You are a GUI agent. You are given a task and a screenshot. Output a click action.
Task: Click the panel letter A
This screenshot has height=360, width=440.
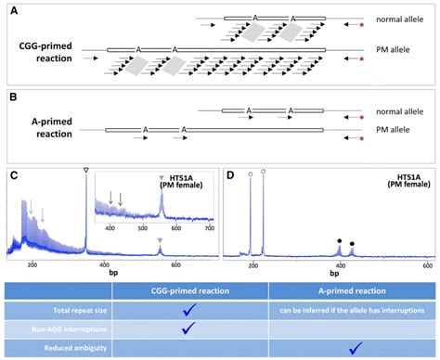[x=12, y=8]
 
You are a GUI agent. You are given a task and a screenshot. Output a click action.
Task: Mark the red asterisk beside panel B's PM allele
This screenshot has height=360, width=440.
[x=360, y=138]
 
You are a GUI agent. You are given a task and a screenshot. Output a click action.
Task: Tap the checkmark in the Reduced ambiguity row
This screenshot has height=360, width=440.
[x=348, y=348]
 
